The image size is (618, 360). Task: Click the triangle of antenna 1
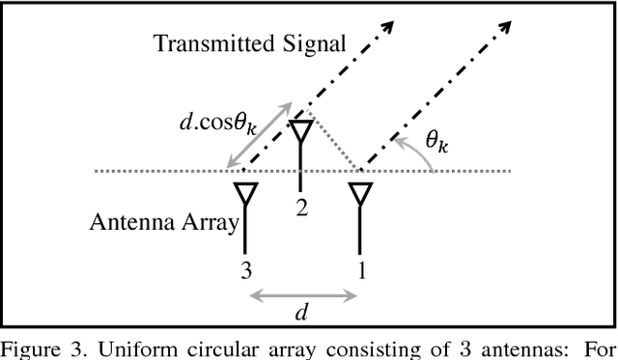pyautogui.click(x=360, y=193)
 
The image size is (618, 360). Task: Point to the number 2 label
pyautogui.click(x=302, y=208)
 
